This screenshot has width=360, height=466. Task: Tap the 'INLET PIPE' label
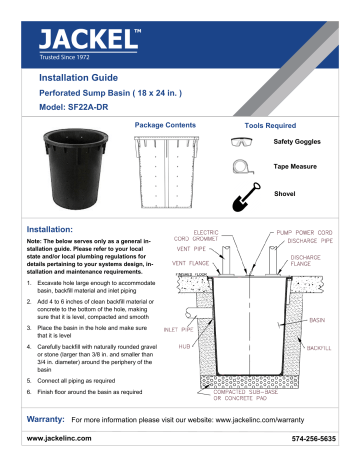(165, 327)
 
